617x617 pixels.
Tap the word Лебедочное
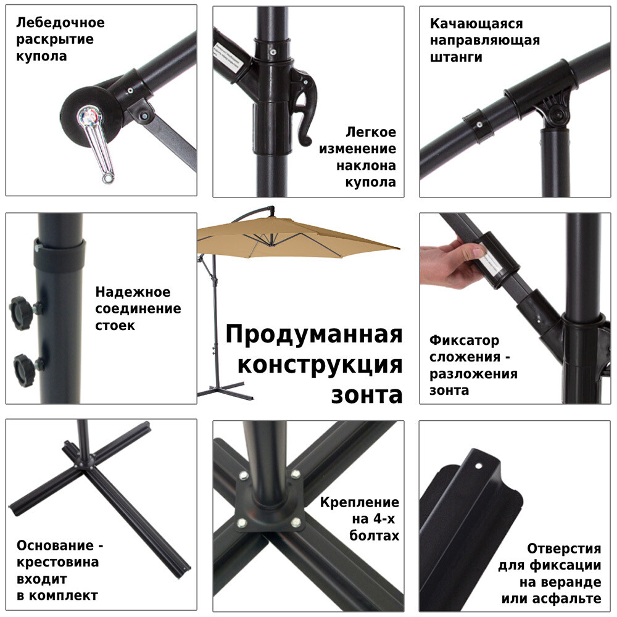[60, 23]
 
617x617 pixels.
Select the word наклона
[366, 165]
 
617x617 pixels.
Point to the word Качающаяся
[476, 23]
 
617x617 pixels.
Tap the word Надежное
[133, 292]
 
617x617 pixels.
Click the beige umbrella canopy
[296, 238]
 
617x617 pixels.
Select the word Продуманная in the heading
[313, 335]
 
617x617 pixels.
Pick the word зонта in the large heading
[366, 394]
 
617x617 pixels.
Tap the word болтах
[374, 536]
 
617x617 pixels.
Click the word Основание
[55, 545]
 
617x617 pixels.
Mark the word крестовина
[57, 562]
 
